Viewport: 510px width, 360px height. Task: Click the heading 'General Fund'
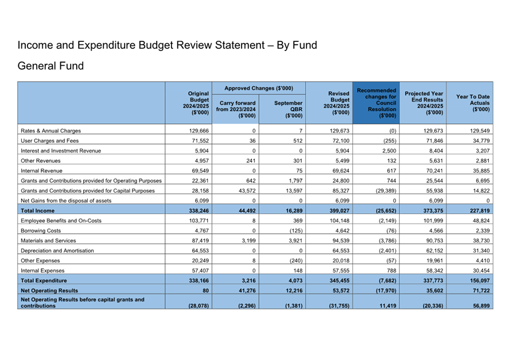[x=50, y=66]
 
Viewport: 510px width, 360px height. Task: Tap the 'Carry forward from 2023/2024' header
[x=236, y=109]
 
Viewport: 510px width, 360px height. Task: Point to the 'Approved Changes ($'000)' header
[x=258, y=88]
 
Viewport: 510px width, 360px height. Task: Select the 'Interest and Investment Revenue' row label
[x=60, y=150]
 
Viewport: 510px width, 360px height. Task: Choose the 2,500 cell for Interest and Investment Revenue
[x=391, y=150]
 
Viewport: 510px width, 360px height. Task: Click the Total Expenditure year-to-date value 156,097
[x=478, y=281]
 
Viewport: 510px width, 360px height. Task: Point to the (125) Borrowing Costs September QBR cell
[x=293, y=231]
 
